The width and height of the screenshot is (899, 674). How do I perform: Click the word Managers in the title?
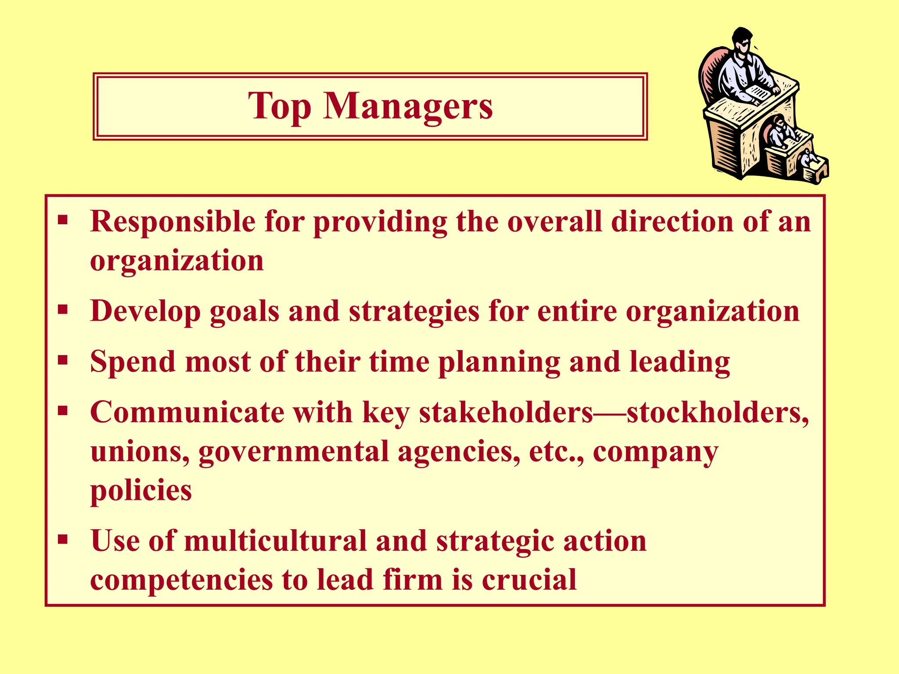point(408,106)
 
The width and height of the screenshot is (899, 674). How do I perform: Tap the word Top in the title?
point(280,106)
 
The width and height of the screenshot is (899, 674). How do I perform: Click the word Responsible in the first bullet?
point(173,221)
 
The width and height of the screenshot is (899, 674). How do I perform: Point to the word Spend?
point(133,362)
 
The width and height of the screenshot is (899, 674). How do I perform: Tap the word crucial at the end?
point(529,580)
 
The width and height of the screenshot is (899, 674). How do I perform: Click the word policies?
point(141,491)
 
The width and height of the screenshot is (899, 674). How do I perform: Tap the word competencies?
point(181,581)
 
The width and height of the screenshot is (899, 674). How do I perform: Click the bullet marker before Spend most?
point(63,361)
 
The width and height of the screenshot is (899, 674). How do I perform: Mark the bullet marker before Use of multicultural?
point(63,539)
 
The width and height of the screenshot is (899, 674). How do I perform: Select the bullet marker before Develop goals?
point(63,310)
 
